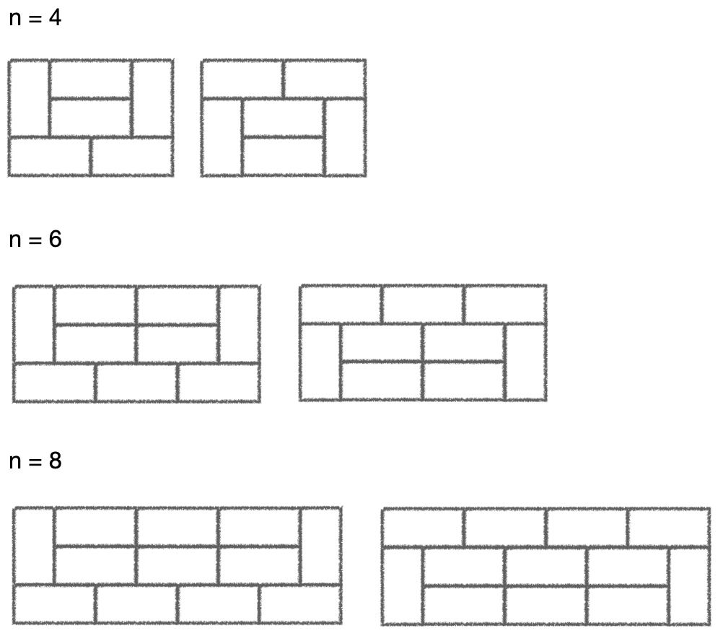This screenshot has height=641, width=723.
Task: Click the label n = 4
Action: pyautogui.click(x=35, y=18)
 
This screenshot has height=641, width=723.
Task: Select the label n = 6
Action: pyautogui.click(x=35, y=240)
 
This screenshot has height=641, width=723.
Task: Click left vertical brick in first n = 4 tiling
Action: pyautogui.click(x=29, y=97)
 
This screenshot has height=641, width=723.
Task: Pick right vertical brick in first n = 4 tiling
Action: pyautogui.click(x=152, y=97)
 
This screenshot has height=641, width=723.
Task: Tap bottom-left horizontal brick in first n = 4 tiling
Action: pyautogui.click(x=50, y=156)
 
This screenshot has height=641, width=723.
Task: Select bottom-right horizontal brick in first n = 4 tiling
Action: pyautogui.click(x=132, y=156)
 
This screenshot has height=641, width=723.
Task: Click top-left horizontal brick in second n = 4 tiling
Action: pyautogui.click(x=242, y=79)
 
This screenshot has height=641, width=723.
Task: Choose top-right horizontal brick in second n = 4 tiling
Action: pyautogui.click(x=324, y=79)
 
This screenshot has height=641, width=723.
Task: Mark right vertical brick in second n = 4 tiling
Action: pyautogui.click(x=345, y=136)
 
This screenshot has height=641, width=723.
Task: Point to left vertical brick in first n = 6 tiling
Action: pyautogui.click(x=34, y=323)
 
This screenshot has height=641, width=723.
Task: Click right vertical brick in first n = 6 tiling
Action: pyautogui.click(x=239, y=323)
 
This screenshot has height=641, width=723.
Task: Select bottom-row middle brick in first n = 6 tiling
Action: pyautogui.click(x=136, y=382)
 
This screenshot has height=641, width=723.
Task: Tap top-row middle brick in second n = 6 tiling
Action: pyautogui.click(x=422, y=304)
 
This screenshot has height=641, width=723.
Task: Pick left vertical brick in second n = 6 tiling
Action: pyautogui.click(x=320, y=362)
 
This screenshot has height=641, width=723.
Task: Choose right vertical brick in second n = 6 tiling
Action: pyautogui.click(x=525, y=362)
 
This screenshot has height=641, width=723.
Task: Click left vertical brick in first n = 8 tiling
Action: pyautogui.click(x=34, y=546)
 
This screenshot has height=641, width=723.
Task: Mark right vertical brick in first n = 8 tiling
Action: pyautogui.click(x=320, y=546)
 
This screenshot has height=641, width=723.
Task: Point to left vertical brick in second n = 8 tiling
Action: pyautogui.click(x=403, y=585)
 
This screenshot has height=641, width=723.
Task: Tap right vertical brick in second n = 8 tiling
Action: pyautogui.click(x=689, y=585)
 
